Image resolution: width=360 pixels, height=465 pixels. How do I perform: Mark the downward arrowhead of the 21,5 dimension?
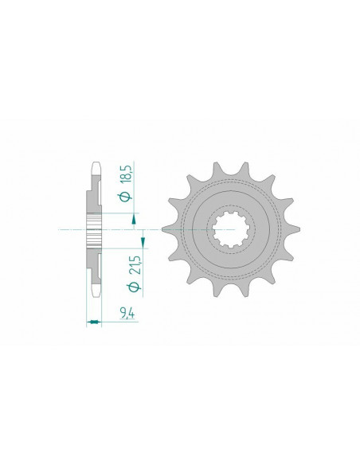tap(143, 237)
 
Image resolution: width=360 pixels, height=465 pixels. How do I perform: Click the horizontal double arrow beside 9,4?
tap(93, 321)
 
